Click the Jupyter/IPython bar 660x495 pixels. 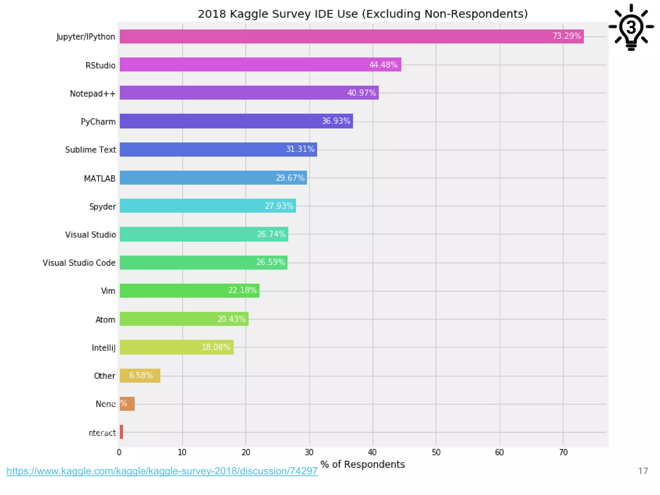(x=351, y=36)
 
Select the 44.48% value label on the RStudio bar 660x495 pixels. (x=383, y=65)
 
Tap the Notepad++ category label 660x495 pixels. (x=92, y=93)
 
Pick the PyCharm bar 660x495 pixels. (x=236, y=121)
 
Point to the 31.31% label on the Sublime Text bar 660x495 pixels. (x=300, y=149)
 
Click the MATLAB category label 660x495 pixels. (x=100, y=178)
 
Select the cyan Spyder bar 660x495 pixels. (x=208, y=206)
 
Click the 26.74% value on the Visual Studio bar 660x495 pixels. (x=271, y=234)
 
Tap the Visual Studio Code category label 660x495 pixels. (x=79, y=263)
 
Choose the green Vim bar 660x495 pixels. (x=189, y=291)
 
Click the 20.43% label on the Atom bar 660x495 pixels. (x=231, y=319)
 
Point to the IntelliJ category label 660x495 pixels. (x=103, y=348)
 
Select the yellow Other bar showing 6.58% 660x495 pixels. (x=140, y=375)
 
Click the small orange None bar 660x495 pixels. (x=127, y=404)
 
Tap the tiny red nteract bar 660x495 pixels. (x=121, y=432)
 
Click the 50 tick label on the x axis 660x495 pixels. (x=436, y=452)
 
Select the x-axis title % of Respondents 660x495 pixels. (x=363, y=464)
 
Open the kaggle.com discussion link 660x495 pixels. (x=162, y=471)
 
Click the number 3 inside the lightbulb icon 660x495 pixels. (x=631, y=27)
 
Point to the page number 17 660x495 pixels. (x=643, y=471)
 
